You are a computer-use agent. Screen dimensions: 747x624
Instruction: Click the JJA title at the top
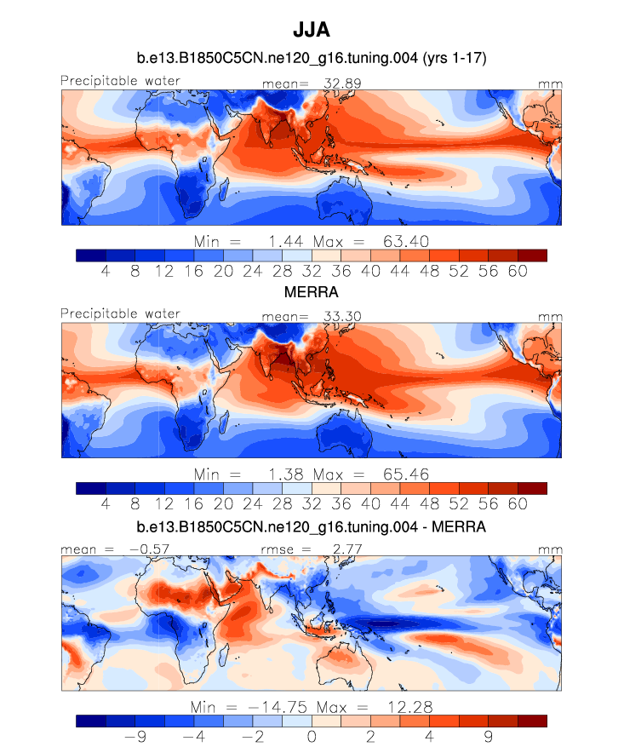[x=312, y=30]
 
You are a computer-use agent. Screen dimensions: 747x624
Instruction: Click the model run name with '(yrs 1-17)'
[x=312, y=59]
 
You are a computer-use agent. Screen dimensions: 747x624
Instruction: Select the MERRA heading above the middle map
[x=312, y=292]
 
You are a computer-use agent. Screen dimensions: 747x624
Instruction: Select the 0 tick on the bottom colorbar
[x=312, y=737]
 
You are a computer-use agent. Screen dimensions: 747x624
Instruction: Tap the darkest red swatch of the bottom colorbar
[x=531, y=721]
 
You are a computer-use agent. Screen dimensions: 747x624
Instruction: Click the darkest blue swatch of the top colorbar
[x=90, y=255]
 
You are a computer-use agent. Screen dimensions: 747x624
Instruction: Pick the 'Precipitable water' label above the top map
[x=120, y=81]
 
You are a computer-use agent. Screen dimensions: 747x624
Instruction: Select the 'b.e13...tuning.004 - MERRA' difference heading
[x=312, y=528]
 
